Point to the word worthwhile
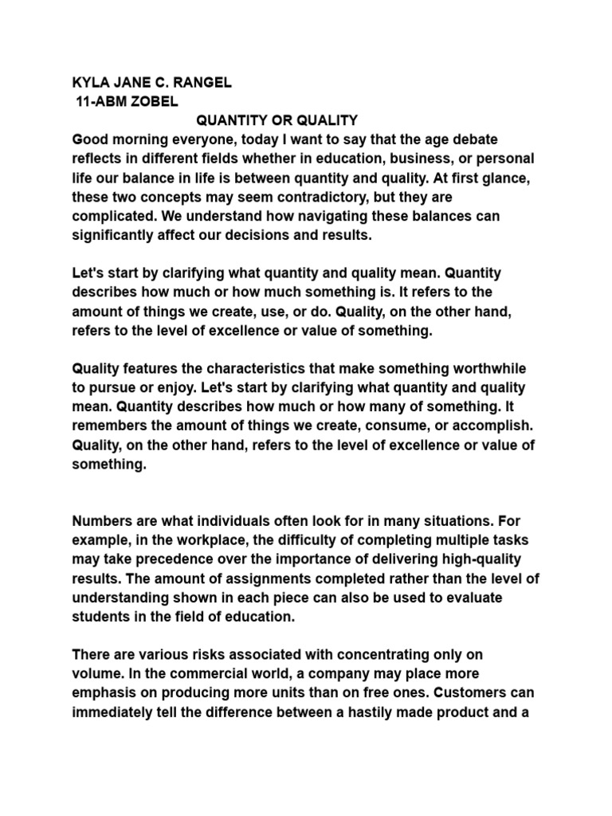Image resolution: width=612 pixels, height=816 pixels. click(482, 370)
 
